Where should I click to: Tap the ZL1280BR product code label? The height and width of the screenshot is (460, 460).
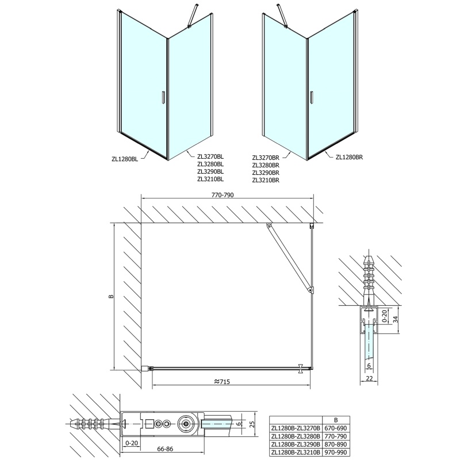[x=350, y=156]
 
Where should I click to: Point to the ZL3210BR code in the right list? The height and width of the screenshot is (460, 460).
[x=266, y=180]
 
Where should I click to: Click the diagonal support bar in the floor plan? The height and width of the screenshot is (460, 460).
[x=289, y=257]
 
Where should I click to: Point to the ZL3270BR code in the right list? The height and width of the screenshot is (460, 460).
[x=266, y=156]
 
